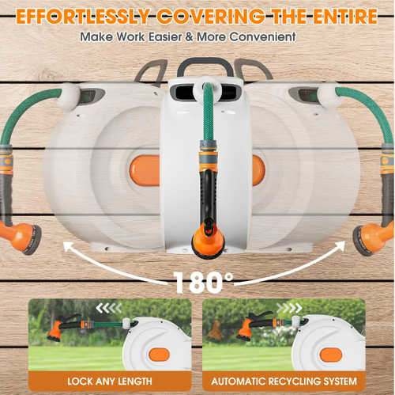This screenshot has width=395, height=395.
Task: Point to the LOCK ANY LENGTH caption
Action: pos(110,381)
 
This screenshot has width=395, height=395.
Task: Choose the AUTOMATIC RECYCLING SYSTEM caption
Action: pos(284,381)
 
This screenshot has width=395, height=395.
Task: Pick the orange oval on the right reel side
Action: pos(257,169)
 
